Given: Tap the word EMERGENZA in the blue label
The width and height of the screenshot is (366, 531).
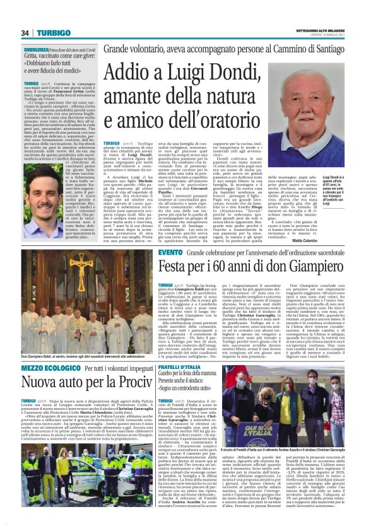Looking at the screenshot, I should click(37, 49).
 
